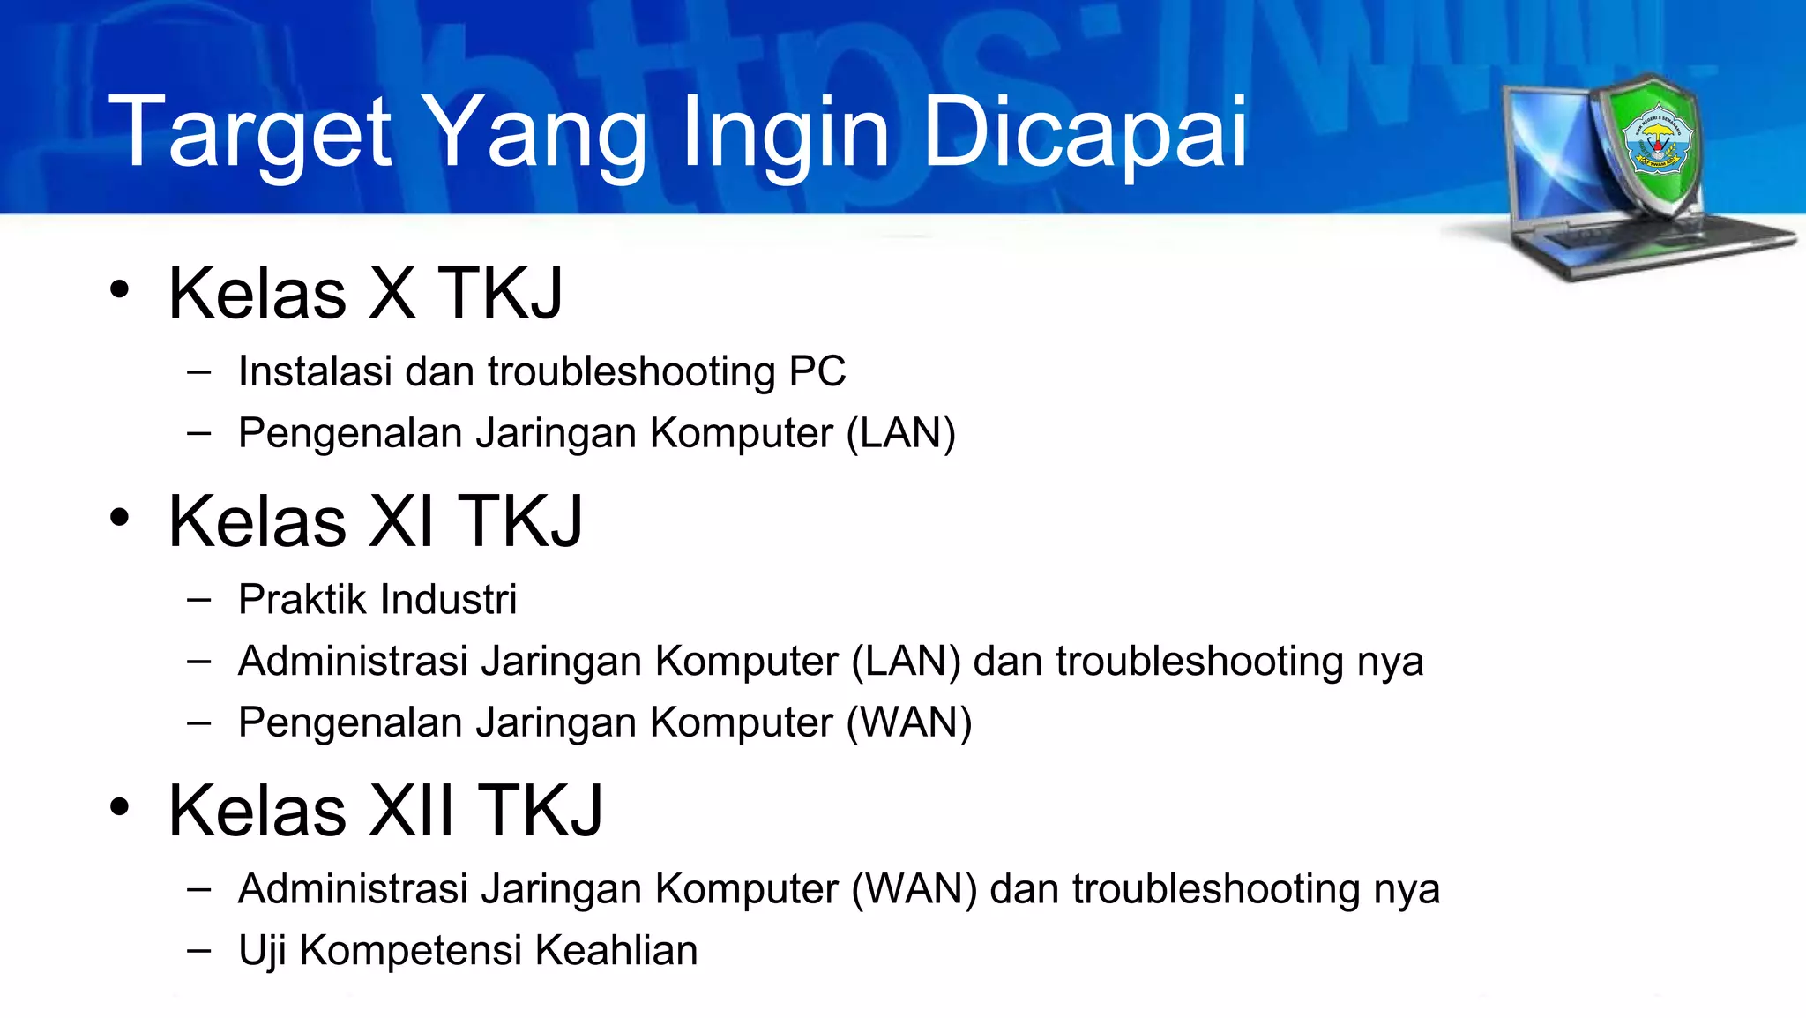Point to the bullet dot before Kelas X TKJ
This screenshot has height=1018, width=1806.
tap(120, 289)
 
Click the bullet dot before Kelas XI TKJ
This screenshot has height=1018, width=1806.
tap(120, 517)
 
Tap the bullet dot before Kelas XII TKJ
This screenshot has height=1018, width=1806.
tap(120, 806)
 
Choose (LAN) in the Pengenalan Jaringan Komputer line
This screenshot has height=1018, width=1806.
tap(900, 433)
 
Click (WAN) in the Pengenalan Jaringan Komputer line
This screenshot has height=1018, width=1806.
tap(909, 722)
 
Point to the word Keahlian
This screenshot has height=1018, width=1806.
tap(616, 951)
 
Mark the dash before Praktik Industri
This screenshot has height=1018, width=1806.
tap(199, 601)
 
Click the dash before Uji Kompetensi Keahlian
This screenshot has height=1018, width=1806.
tap(199, 951)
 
